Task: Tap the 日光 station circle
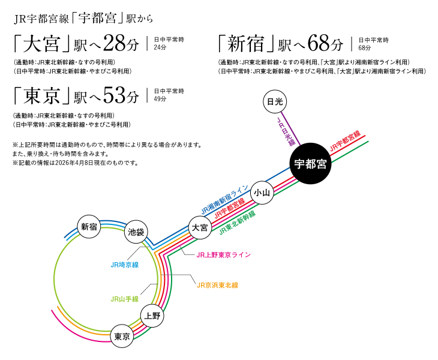[275, 102]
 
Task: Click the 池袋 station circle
[137, 232]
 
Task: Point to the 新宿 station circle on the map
[89, 226]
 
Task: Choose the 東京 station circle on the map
[122, 337]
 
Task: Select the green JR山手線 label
[125, 298]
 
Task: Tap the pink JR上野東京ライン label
[223, 254]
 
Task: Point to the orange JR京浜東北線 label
[217, 285]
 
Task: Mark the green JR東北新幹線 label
[237, 223]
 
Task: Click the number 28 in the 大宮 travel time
[116, 44]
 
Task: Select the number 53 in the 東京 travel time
[116, 95]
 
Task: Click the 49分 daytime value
[160, 98]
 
